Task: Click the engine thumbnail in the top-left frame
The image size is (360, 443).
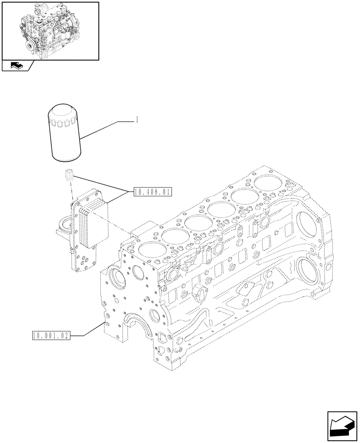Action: pos(50,31)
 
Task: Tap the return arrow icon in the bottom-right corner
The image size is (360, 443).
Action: pos(343,426)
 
